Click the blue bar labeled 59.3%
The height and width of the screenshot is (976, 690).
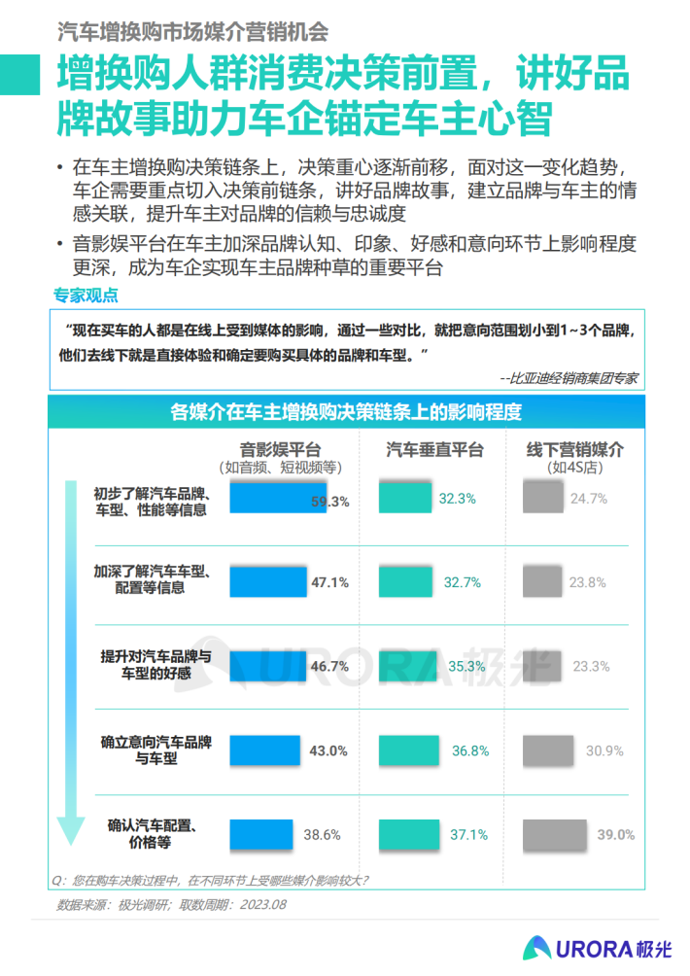[278, 499]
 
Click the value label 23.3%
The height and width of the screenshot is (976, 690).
[592, 667]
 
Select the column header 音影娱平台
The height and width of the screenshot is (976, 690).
[280, 449]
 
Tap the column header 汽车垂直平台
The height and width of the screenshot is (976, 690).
[434, 449]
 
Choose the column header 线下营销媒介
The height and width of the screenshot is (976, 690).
[575, 449]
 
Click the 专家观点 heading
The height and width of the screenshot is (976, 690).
[85, 296]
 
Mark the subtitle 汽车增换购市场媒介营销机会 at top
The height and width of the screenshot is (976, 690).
[192, 30]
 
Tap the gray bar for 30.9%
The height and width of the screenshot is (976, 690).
[549, 750]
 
